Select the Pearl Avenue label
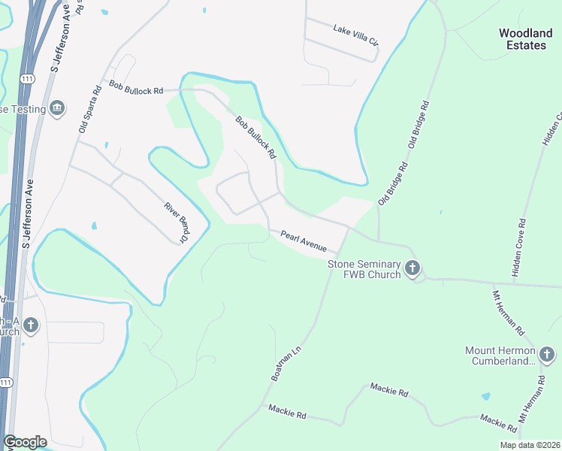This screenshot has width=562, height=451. (x=304, y=241)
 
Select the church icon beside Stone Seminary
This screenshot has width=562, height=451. (x=412, y=268)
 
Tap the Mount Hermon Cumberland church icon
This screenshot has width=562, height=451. (x=548, y=353)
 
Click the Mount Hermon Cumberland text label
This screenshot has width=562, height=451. (x=500, y=356)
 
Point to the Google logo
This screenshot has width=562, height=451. (x=25, y=442)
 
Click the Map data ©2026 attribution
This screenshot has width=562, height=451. (x=529, y=445)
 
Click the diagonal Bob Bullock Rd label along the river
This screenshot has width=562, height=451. (x=256, y=138)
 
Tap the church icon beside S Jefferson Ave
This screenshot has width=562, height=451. (x=30, y=325)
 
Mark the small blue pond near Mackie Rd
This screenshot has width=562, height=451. (x=486, y=396)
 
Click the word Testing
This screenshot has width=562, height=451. (x=27, y=110)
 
